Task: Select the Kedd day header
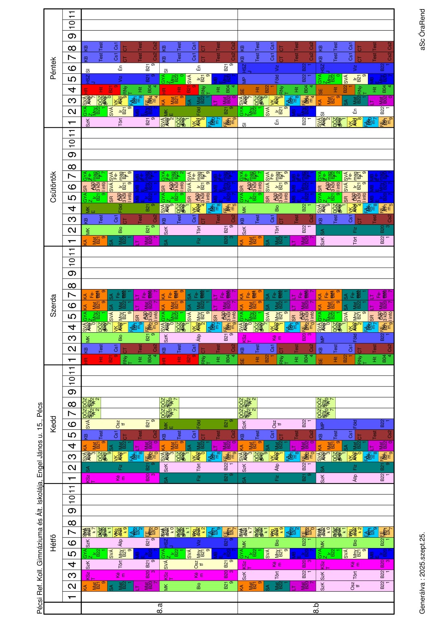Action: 53,424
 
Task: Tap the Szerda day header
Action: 53,305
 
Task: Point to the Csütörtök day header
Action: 53,187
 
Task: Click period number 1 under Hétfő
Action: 72,597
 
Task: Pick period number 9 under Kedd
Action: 72,392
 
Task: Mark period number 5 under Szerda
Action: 72,316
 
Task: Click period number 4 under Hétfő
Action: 72,565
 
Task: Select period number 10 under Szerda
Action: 72,261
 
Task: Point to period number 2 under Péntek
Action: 72,111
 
